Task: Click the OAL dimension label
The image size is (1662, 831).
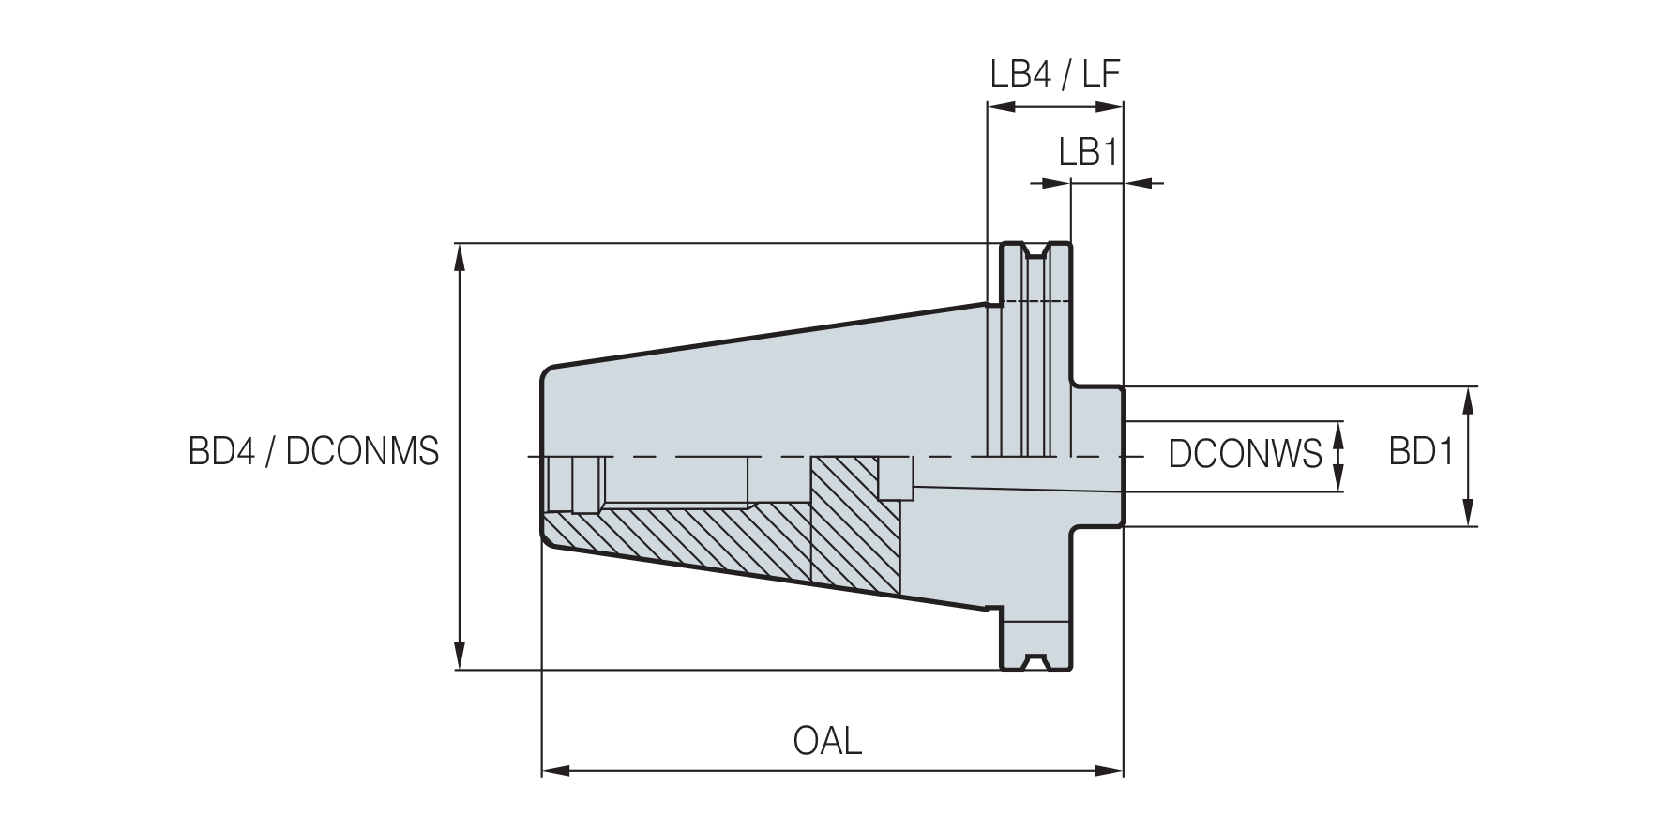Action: [827, 741]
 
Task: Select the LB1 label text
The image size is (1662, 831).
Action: [1089, 151]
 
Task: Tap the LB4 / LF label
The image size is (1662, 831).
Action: [1055, 74]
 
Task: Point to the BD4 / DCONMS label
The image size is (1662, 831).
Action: [314, 452]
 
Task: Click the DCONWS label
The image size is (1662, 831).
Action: [1245, 454]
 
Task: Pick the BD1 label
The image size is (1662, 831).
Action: [1421, 453]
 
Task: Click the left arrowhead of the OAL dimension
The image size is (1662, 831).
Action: [556, 772]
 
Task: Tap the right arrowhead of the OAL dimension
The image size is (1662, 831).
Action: [1110, 772]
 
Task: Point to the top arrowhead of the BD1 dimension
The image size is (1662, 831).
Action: [1469, 400]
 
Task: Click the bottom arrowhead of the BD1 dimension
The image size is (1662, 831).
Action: [1469, 513]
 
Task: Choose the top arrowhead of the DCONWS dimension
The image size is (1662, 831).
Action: [1339, 435]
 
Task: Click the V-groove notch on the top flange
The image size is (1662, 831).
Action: [1036, 250]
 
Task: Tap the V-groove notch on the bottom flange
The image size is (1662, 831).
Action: [1036, 661]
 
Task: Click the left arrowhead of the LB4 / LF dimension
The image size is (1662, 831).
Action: [1001, 107]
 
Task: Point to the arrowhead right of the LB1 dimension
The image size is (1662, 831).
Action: [1138, 182]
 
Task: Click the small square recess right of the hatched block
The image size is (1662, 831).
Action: [896, 478]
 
